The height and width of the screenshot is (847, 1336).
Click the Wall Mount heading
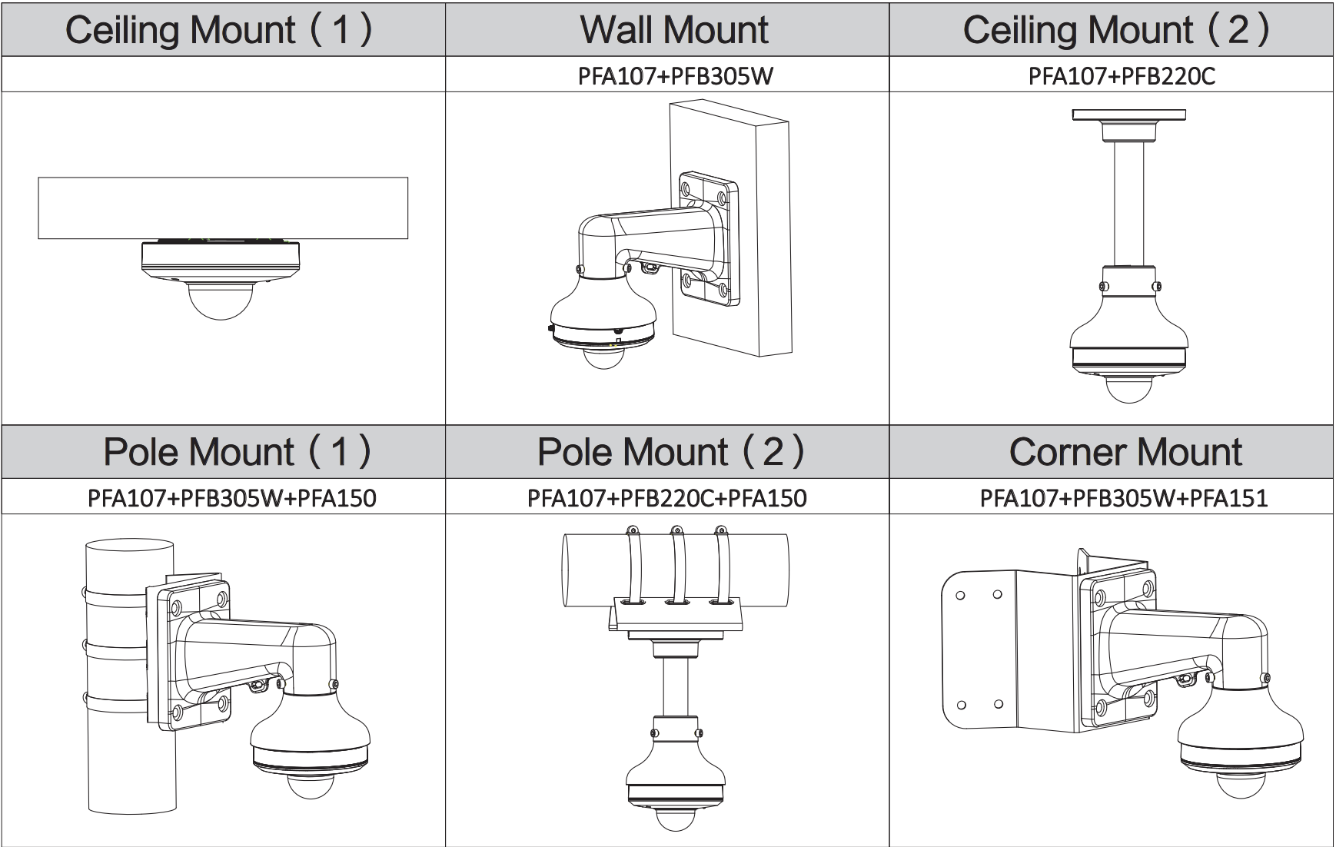tap(674, 29)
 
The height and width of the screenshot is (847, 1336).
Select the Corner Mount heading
tap(1125, 452)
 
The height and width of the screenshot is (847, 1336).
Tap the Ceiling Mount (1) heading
tap(220, 29)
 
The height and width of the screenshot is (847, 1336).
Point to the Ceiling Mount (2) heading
tap(1116, 29)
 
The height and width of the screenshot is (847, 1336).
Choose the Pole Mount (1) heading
tap(237, 452)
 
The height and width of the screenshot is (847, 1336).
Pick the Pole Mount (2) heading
tap(671, 452)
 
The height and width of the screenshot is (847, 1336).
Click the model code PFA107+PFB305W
tap(675, 75)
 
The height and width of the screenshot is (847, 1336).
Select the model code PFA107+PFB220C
tap(1122, 75)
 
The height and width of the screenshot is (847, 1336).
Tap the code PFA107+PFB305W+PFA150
tap(232, 498)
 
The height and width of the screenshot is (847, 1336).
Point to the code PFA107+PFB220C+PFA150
tap(667, 498)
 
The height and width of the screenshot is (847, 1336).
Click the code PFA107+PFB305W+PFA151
tap(1124, 498)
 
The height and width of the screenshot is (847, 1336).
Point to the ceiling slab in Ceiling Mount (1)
tap(223, 208)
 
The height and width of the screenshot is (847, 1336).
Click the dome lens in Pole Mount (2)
tap(674, 815)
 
